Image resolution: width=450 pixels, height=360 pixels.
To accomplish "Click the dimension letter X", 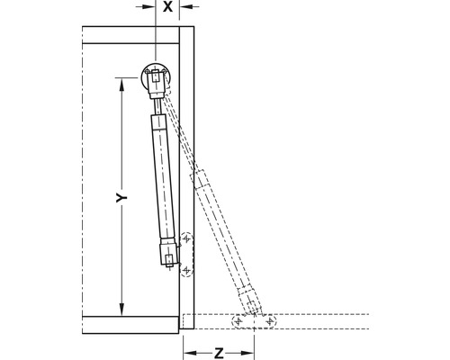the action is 167,6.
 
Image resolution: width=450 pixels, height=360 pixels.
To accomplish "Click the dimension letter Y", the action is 121,198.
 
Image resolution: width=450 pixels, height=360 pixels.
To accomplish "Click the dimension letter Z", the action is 219,353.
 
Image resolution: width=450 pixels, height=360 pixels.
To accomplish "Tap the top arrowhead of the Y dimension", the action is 121,85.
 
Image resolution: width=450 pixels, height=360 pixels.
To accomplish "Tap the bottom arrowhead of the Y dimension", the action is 121,310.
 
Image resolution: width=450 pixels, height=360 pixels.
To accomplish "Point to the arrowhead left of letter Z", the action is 190,353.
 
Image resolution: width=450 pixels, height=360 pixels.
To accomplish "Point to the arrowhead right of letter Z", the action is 247,353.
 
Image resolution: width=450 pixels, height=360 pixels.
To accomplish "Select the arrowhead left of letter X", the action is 149,6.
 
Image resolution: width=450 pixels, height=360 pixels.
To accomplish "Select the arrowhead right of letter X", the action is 186,6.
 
